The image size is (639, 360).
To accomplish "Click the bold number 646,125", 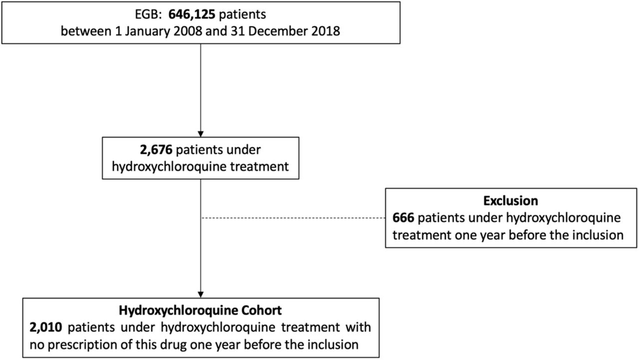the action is (x=192, y=14).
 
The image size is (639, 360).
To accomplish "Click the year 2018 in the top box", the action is (x=325, y=31).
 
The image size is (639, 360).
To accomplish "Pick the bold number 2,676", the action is (x=156, y=150).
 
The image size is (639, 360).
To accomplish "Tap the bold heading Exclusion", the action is (x=511, y=201).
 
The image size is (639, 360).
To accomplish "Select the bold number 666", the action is (x=403, y=218).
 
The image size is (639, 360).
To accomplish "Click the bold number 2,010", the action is (x=46, y=327).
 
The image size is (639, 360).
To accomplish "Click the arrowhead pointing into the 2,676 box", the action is (x=201, y=134).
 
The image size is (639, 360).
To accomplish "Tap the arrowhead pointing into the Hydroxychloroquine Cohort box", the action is (x=201, y=295).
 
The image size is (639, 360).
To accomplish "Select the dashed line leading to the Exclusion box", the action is (x=294, y=218).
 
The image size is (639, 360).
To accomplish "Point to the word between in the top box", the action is (x=86, y=31).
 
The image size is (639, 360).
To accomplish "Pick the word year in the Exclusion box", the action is (x=493, y=236).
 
